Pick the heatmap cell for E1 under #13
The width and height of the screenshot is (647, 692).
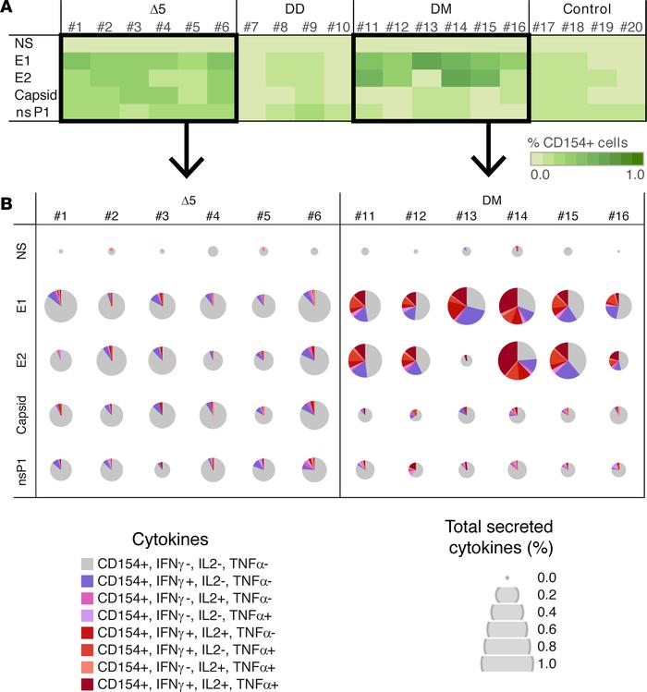426,61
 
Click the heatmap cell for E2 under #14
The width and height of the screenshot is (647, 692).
455,78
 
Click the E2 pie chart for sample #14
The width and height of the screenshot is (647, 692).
515,358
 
